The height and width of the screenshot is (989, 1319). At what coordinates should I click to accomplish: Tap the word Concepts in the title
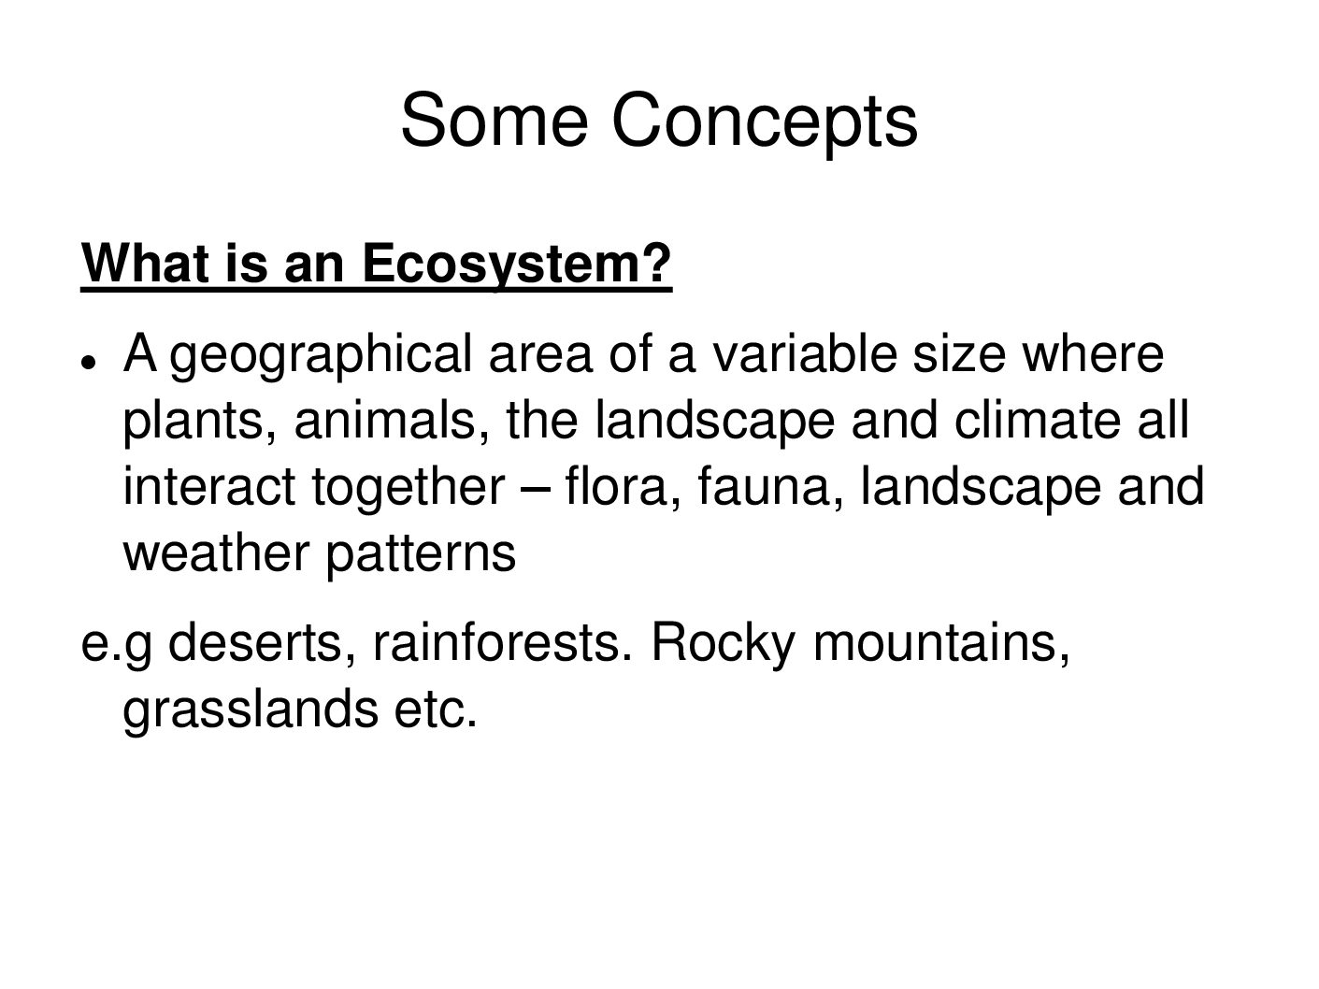point(765,123)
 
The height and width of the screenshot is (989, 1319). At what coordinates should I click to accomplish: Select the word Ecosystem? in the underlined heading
point(517,265)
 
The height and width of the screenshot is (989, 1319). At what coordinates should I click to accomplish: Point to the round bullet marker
point(88,363)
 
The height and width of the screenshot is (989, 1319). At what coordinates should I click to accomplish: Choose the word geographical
point(322,357)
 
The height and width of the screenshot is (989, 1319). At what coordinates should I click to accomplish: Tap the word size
point(959,354)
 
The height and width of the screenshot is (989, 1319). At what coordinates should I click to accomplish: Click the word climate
point(1038,420)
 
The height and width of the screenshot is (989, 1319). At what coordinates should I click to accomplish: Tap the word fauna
point(770,487)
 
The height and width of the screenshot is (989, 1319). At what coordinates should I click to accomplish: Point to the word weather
point(216,552)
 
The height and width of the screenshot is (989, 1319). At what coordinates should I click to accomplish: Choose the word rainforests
point(504,642)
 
